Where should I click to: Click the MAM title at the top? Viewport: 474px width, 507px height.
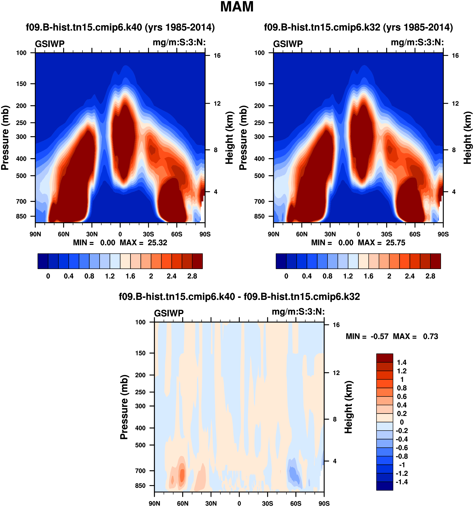237,7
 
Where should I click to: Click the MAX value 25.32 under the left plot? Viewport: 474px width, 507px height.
157,243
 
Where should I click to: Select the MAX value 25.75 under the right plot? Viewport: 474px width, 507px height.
395,243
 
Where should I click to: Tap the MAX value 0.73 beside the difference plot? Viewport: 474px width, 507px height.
430,336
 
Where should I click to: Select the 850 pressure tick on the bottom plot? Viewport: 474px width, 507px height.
140,486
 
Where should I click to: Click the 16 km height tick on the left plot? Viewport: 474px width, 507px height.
217,56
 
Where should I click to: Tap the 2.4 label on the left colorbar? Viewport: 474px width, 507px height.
171,276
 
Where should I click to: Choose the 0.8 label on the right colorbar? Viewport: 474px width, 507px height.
327,276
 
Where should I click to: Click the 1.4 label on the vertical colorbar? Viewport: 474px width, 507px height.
402,362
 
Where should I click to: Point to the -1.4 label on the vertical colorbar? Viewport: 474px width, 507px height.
401,482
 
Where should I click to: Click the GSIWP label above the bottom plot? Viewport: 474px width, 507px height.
169,313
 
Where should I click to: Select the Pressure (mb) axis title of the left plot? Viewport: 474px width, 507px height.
5,138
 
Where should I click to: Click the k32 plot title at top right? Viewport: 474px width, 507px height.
358,27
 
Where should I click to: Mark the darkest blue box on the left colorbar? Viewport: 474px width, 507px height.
43,261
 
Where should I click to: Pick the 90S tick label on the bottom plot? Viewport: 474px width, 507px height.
324,503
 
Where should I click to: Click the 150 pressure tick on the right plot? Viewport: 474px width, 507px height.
259,84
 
